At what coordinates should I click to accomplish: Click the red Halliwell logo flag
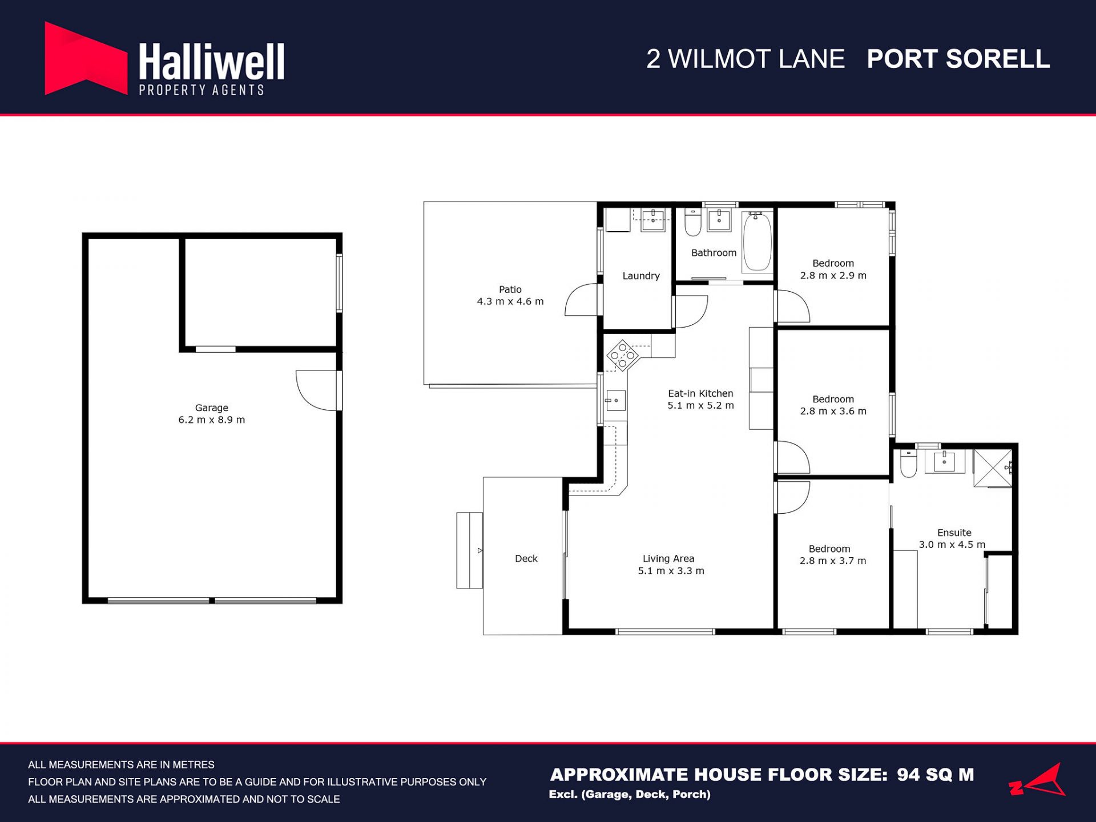(x=86, y=58)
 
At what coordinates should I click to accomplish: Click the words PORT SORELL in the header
(x=958, y=59)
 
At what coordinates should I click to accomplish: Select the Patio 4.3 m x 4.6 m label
(x=510, y=296)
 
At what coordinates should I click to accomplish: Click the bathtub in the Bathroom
(x=757, y=240)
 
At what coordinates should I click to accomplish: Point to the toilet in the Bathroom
(x=693, y=222)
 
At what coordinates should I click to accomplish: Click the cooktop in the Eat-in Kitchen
(x=622, y=355)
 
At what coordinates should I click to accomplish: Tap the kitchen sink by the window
(x=615, y=401)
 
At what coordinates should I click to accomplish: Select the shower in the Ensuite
(x=993, y=468)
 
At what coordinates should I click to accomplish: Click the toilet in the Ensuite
(x=908, y=463)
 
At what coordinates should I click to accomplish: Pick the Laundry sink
(x=653, y=220)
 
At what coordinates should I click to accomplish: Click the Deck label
(x=526, y=559)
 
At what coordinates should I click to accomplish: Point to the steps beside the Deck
(x=469, y=550)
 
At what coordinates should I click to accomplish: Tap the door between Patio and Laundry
(x=583, y=300)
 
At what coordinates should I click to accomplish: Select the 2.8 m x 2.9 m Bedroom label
(x=833, y=269)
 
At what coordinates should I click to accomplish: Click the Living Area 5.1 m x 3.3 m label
(x=671, y=565)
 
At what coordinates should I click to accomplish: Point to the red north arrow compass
(x=1038, y=780)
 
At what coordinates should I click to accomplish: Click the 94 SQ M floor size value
(x=935, y=775)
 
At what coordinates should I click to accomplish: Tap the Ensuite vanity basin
(x=944, y=461)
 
